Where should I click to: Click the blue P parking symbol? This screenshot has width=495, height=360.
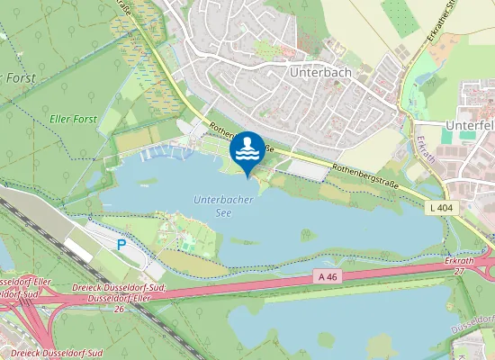click(x=122, y=245)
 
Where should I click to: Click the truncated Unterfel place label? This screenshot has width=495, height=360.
click(x=470, y=125)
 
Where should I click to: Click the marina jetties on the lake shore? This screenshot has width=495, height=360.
click(x=171, y=152)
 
